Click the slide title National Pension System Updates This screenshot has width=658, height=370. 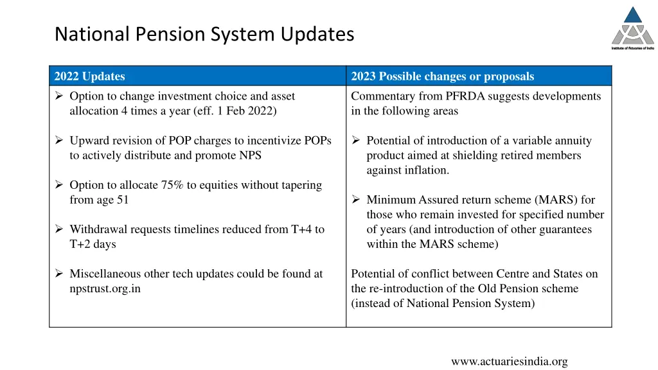tap(204, 33)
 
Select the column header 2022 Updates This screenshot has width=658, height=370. tap(90, 76)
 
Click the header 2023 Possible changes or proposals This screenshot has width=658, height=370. tap(443, 76)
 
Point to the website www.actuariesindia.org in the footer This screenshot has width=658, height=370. tap(509, 362)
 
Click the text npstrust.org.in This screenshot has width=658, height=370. tap(105, 288)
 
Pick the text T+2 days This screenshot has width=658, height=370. tap(93, 244)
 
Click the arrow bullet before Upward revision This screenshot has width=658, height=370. tap(58, 141)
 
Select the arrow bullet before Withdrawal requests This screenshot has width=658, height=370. tap(58, 229)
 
